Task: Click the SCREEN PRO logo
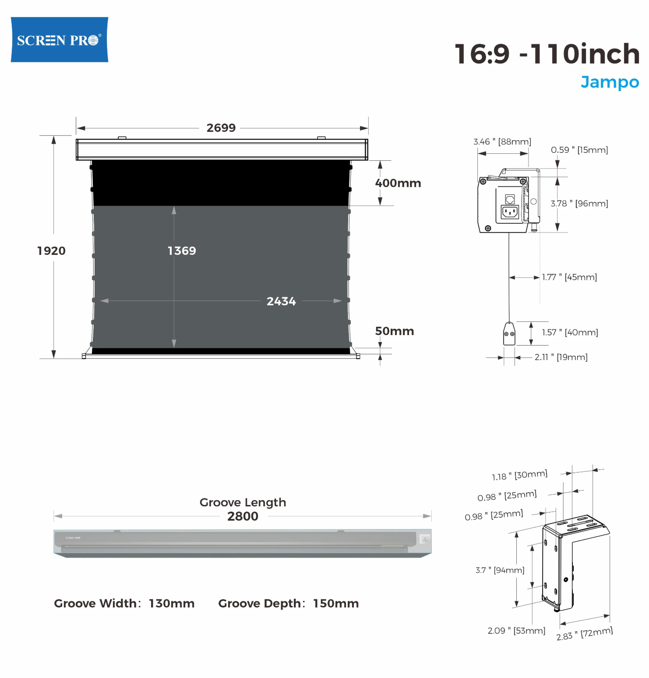(60, 40)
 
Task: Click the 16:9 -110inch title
(547, 54)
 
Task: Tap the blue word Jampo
(610, 82)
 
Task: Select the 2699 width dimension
(221, 128)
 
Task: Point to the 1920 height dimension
(51, 251)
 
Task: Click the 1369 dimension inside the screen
(182, 251)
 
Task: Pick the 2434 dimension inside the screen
(281, 301)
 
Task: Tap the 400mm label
(398, 183)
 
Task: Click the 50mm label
(395, 331)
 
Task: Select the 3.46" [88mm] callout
(502, 142)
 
